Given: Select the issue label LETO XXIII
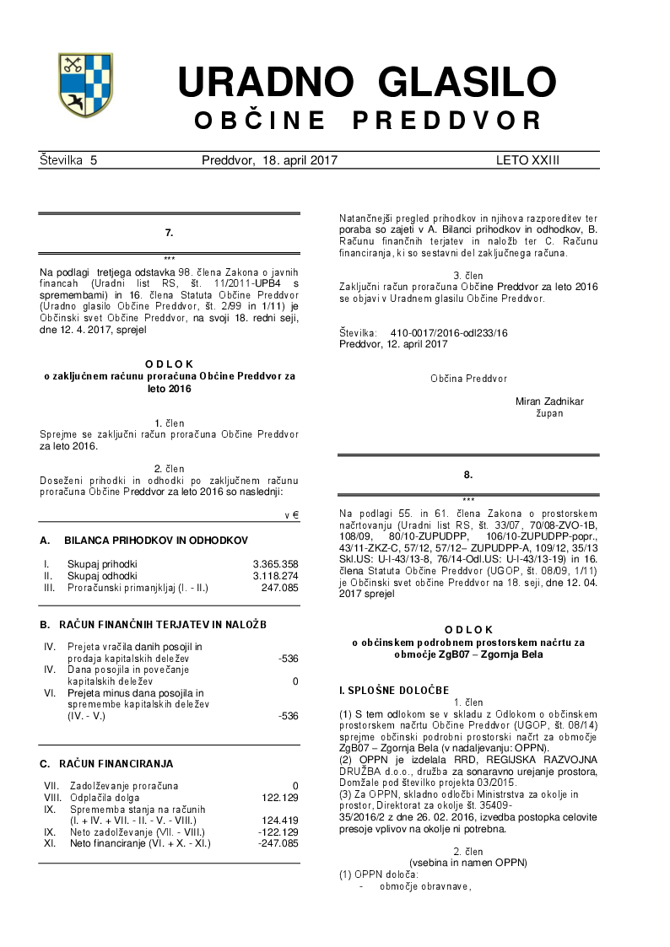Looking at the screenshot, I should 527,160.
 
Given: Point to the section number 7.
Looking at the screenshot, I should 169,232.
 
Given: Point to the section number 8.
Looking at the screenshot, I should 468,476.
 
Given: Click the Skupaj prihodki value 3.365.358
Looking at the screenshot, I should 275,563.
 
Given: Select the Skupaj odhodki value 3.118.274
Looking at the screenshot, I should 275,575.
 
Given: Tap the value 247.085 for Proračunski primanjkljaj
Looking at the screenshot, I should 279,587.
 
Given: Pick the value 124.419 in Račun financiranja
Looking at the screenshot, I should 279,820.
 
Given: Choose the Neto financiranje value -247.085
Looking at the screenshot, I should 278,842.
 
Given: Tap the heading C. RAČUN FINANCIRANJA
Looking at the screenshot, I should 106,764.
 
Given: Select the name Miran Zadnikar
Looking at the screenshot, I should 549,401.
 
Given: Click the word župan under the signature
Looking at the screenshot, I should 549,413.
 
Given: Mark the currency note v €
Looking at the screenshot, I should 292,514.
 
